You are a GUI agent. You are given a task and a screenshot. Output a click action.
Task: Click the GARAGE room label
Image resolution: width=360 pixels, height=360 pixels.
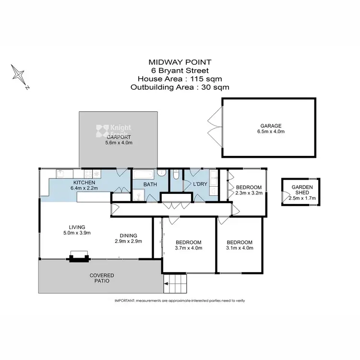268,126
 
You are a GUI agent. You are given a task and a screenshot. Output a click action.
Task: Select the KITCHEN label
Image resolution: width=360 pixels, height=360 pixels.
84,183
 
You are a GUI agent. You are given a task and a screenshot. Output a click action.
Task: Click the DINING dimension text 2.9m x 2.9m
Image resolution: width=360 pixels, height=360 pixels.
129,242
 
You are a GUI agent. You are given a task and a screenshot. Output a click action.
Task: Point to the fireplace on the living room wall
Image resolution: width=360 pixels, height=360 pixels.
78,256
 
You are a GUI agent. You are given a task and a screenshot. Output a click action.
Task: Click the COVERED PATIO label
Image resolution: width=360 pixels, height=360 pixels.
102,278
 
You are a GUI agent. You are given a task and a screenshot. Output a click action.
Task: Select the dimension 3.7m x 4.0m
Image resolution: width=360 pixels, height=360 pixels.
189,248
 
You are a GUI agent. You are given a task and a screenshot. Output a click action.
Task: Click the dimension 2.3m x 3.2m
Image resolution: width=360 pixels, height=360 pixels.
249,193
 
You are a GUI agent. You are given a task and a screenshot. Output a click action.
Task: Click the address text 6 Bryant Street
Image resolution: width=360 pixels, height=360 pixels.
180,70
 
